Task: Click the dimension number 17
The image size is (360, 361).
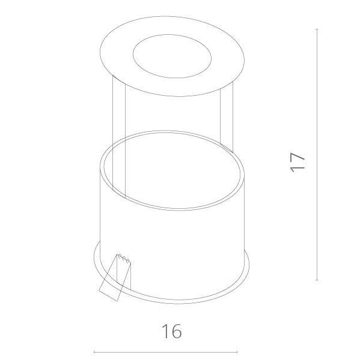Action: pos(297,162)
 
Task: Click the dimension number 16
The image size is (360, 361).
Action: pos(172,332)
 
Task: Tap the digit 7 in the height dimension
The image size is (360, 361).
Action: pos(297,157)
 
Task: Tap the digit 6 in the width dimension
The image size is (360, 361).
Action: pos(177,332)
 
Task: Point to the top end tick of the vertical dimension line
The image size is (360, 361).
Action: pos(317,29)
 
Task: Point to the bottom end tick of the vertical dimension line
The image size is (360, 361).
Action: pos(317,280)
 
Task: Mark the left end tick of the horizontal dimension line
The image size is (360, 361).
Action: pos(94,352)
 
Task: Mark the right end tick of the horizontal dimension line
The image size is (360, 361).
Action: pos(237,352)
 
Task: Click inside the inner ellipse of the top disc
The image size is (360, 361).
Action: pos(172,56)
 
